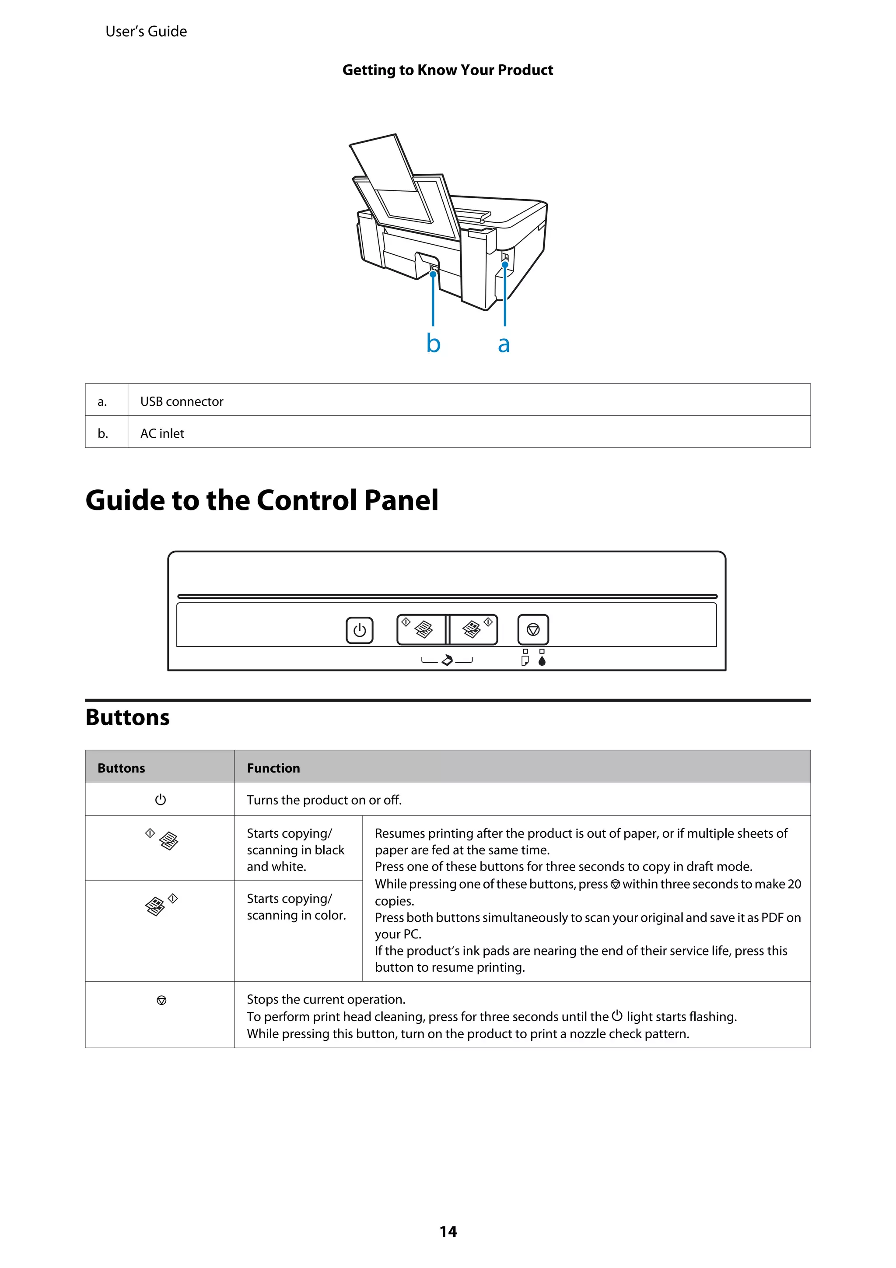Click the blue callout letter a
504,344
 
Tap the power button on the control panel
359,630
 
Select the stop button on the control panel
533,629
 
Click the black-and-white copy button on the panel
421,629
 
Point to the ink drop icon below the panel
542,660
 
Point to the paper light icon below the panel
525,660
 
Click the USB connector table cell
182,401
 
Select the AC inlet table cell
162,433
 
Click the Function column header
273,768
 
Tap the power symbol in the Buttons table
161,800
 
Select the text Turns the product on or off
324,800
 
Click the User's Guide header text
146,32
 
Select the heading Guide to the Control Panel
262,500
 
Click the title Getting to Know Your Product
448,70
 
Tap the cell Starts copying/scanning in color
297,907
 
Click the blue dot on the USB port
504,264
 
